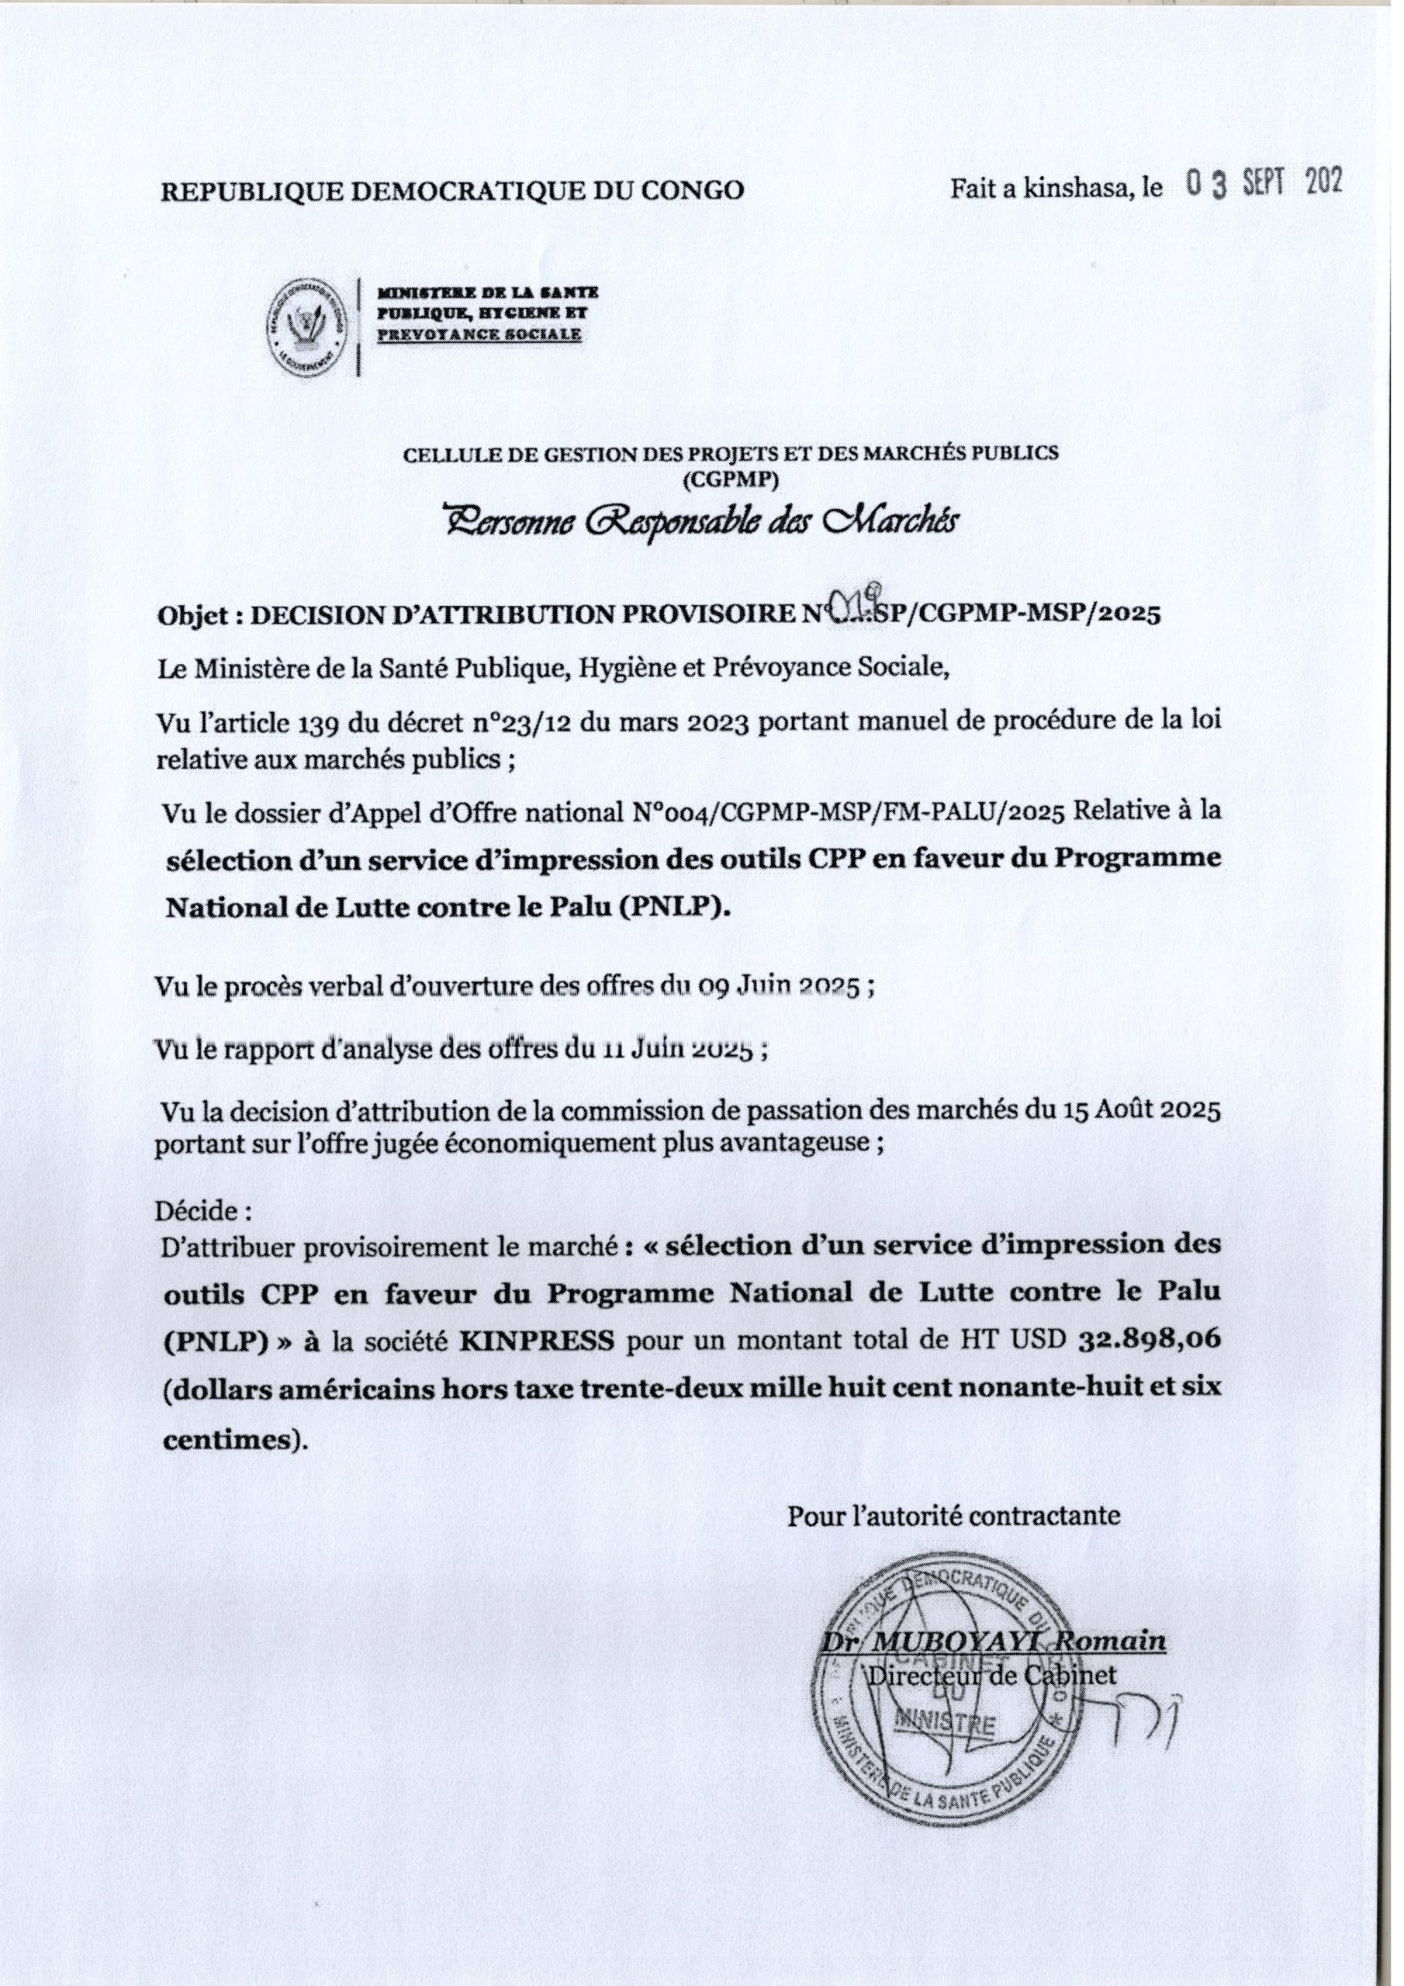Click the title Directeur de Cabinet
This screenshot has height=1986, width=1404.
point(992,1675)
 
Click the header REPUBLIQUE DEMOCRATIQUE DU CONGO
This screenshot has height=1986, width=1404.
point(451,190)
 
